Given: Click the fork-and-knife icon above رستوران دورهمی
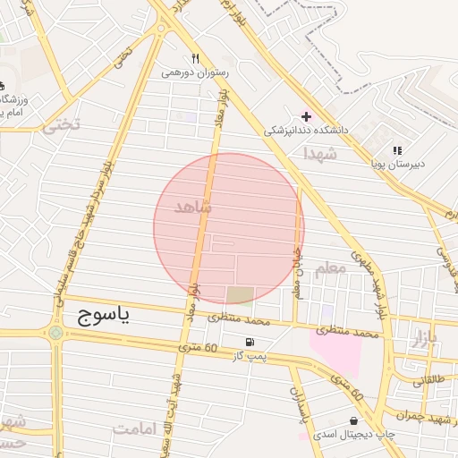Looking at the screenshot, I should click(194, 58).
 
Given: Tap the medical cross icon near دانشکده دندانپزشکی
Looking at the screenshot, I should click(307, 116).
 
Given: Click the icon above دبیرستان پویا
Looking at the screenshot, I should click(397, 150).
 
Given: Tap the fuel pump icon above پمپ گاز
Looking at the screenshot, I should click(249, 343).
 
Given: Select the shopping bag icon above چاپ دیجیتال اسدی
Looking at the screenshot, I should click(355, 420).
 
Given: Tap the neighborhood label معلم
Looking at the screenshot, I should click(329, 268).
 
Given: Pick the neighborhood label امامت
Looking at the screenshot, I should click(134, 429).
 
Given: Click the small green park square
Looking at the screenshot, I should click(239, 295).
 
